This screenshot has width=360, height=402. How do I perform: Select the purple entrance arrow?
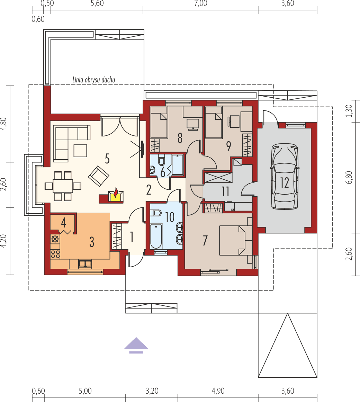136,345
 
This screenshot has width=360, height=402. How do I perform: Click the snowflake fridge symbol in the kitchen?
55,239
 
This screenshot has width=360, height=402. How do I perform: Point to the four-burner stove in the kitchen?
55,254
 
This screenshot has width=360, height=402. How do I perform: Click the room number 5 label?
107,159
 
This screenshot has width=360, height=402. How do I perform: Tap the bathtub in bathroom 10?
156,236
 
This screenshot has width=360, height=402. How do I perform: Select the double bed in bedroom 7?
233,240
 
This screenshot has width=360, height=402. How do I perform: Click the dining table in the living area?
63,186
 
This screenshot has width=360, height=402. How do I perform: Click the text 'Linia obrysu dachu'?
93,80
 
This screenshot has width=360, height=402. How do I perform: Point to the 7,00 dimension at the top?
200,4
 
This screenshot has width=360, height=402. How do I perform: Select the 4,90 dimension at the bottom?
218,391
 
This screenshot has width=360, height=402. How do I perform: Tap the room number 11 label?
226,191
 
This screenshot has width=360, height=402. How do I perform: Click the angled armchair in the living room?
99,176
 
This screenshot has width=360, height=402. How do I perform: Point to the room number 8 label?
180,138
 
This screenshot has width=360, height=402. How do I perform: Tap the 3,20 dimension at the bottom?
152,391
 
